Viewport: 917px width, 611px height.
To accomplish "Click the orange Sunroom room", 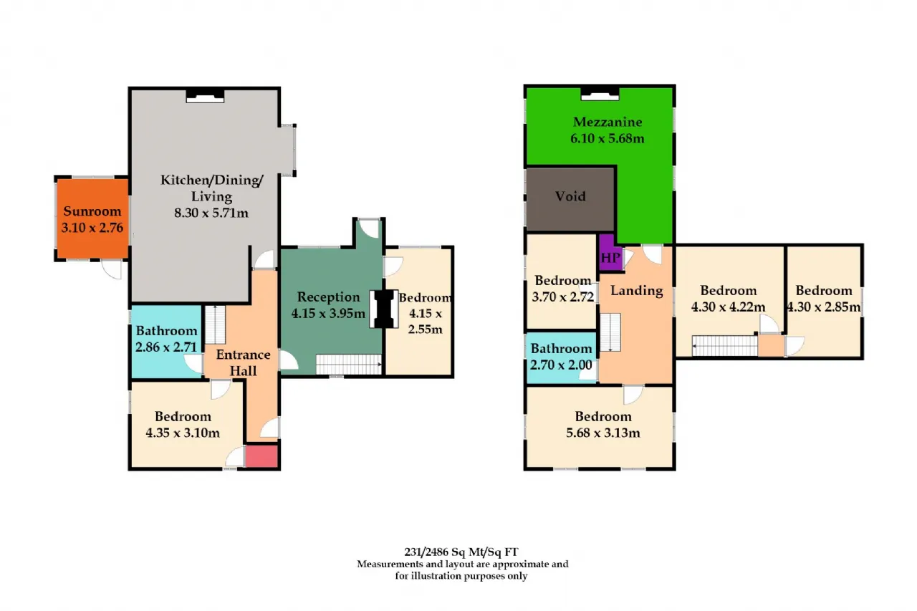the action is point(92,219).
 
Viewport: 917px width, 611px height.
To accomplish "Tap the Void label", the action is point(570,196).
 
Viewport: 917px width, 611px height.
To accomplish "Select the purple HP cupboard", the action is point(610,254).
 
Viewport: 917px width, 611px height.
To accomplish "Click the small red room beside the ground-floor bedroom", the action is point(262,456).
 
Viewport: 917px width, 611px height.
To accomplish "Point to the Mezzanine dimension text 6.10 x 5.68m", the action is point(607,138).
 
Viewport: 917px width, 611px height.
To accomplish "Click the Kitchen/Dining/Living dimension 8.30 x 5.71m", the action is point(211,213).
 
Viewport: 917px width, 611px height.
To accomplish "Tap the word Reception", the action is point(328,297).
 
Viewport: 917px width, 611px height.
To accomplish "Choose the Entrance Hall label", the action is point(243,362).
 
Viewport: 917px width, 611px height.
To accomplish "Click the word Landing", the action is point(637,291).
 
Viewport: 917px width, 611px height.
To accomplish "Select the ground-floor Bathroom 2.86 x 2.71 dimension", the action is point(166,347).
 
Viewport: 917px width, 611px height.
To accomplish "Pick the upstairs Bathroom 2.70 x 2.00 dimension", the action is point(561,365).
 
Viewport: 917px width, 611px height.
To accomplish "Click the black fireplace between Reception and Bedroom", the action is point(383,309).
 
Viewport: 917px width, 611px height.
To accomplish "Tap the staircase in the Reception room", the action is point(349,364).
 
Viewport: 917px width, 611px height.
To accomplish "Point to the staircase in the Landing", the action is point(610,332).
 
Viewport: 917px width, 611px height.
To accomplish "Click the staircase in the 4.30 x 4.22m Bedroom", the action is point(724,346).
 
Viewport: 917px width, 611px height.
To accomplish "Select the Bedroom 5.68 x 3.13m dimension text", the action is point(603,433).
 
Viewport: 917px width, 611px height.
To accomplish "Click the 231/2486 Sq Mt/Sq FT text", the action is point(461,552).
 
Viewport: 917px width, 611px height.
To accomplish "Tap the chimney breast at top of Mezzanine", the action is point(600,94).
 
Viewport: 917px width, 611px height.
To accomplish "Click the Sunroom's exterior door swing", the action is point(112,269).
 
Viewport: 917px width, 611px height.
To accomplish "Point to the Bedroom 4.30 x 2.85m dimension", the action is point(824,307).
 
